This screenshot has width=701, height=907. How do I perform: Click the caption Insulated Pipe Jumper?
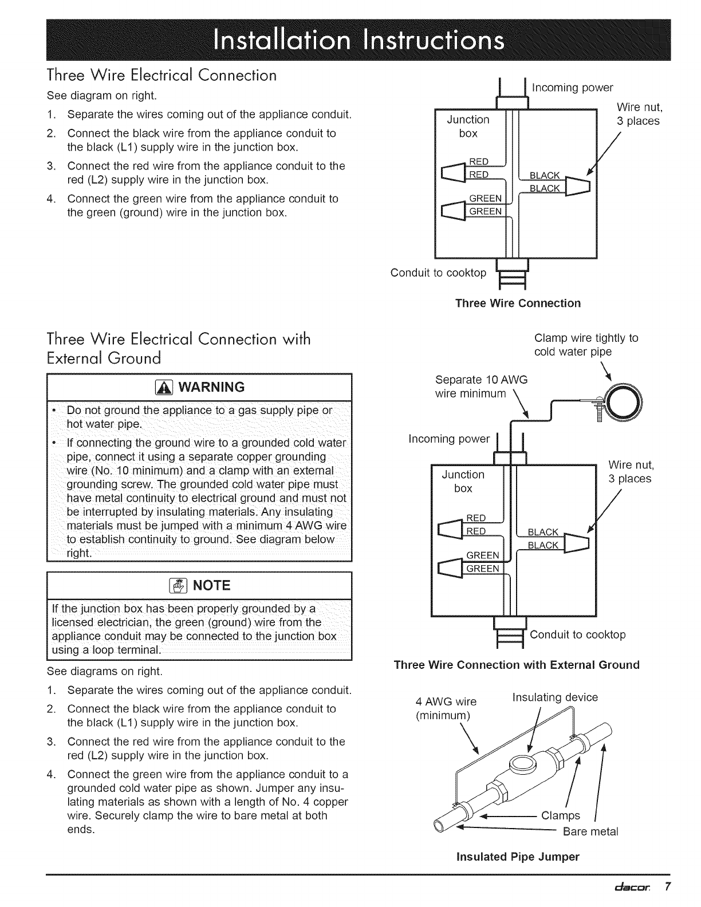[x=517, y=857]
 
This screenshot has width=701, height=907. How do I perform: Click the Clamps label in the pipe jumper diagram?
[x=561, y=815]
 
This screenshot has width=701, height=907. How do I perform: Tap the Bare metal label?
[x=590, y=831]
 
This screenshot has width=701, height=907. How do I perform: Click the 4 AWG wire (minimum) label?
[x=445, y=708]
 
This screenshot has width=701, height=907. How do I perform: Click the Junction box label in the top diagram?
[x=468, y=126]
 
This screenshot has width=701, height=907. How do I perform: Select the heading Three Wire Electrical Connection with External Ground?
[x=179, y=348]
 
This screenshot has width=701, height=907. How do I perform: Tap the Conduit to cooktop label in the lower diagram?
[x=577, y=634]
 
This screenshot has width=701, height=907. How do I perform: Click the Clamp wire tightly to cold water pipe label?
[x=585, y=344]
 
